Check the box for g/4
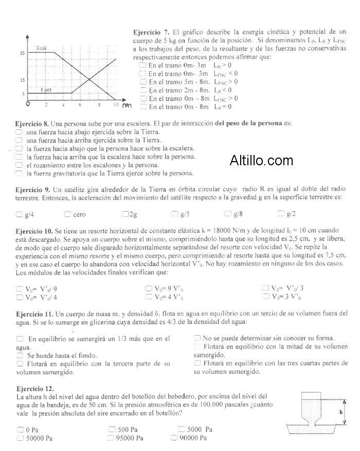(x=19, y=214)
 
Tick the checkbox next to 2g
(x=125, y=214)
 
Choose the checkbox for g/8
(x=228, y=214)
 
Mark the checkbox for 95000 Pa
(x=111, y=438)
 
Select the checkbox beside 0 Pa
(x=20, y=429)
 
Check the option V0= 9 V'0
(x=149, y=289)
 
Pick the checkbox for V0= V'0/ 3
(x=265, y=288)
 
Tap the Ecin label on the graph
(x=41, y=48)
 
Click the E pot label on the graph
(x=46, y=90)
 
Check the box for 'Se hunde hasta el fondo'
(x=20, y=355)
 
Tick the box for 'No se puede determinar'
(x=197, y=338)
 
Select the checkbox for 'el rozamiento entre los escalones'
(x=19, y=165)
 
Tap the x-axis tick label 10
(x=116, y=105)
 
